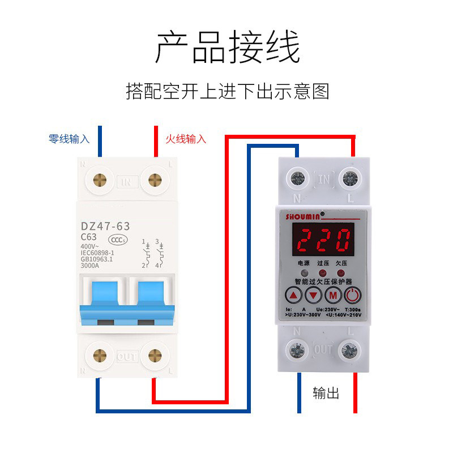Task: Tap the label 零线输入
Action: tap(69, 139)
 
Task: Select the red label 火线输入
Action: tap(186, 139)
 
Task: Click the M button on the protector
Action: tap(333, 295)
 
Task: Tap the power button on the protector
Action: tap(352, 295)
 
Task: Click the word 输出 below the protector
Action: tap(326, 393)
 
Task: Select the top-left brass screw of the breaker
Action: tap(100, 181)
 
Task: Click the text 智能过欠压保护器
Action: tap(323, 280)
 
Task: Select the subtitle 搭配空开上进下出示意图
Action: tap(227, 91)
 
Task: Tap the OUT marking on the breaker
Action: tap(126, 357)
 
